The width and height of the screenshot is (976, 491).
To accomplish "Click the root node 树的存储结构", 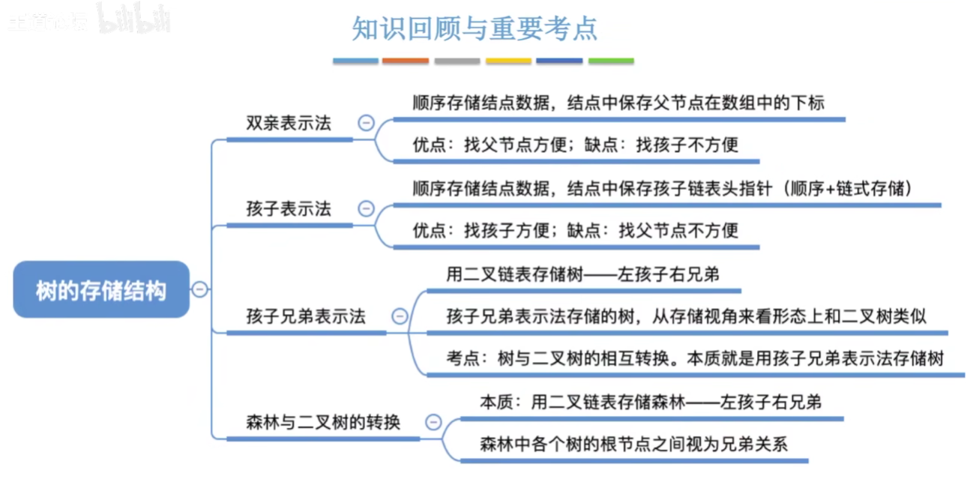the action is coord(101,290).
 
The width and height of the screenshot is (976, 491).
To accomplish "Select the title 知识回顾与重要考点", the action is coord(475,28).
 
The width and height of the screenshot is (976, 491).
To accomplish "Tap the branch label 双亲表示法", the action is coord(289,124).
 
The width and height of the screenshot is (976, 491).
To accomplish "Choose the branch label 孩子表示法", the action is coord(289,209).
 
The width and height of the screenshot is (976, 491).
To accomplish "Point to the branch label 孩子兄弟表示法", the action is coord(306,316).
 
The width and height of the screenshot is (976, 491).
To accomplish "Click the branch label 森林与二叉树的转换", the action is coord(323,423).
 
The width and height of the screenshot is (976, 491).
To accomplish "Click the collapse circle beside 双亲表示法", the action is coord(366,123).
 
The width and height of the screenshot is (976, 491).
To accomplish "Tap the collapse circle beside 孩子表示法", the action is coord(366,209).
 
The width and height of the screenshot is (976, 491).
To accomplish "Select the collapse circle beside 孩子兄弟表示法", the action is coord(400,316).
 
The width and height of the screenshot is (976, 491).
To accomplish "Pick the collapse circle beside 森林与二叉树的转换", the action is coord(433,423).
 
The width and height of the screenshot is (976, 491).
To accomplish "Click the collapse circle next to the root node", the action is coord(199,289).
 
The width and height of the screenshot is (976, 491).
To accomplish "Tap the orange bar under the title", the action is coord(406,61).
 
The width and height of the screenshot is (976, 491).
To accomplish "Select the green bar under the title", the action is coord(611,61).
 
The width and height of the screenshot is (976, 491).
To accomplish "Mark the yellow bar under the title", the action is coord(508,61).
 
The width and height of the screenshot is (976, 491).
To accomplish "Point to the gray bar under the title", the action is coord(457,61).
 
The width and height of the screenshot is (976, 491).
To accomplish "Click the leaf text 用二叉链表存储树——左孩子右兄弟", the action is coord(582,275).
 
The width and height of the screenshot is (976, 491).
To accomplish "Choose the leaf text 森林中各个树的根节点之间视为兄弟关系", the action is coord(633,444).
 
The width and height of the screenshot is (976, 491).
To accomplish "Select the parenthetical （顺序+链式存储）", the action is coord(847,188).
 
